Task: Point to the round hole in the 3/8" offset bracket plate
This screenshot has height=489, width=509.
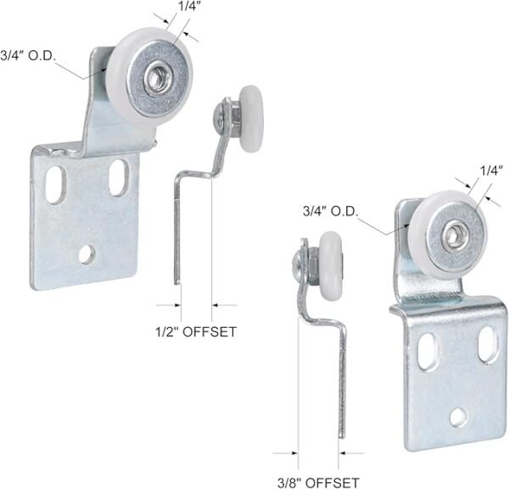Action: tap(458, 415)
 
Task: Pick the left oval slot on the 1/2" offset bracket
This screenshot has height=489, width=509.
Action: tap(56, 182)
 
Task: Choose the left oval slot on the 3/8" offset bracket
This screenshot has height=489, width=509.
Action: tap(430, 348)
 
